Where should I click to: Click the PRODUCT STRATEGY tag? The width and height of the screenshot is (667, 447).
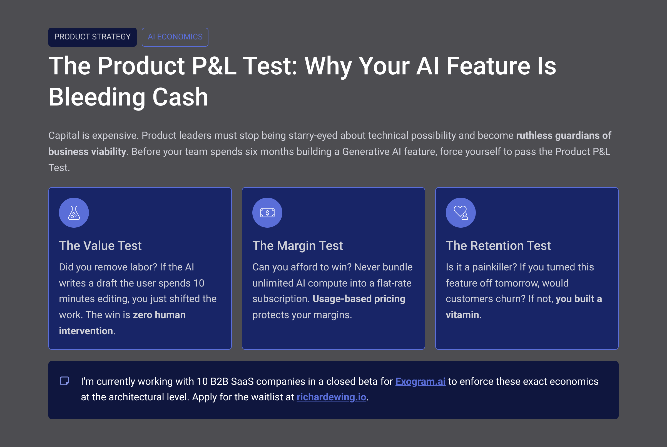(x=93, y=37)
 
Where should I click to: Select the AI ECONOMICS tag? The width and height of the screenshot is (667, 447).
(x=175, y=37)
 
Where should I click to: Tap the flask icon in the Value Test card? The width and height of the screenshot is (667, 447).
(x=74, y=213)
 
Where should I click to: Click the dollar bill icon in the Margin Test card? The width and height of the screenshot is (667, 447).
(x=267, y=213)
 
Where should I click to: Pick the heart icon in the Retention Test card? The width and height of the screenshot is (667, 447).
(x=461, y=213)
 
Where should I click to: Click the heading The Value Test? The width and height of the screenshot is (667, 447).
(x=100, y=246)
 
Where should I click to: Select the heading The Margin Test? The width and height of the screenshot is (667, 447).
(x=298, y=246)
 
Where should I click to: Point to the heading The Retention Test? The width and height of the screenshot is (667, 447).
(x=498, y=246)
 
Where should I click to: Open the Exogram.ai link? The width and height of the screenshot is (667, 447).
(x=420, y=381)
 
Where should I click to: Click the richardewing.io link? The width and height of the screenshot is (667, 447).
(x=331, y=397)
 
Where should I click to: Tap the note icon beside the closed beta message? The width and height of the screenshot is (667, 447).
(x=65, y=381)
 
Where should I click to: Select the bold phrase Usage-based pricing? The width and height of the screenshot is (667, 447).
(x=359, y=299)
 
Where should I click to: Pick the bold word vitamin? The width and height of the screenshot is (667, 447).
(x=462, y=315)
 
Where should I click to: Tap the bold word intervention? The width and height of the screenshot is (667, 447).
(x=86, y=331)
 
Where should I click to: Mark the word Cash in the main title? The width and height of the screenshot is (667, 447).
(x=180, y=97)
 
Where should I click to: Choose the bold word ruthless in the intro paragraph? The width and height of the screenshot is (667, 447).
(x=534, y=135)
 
